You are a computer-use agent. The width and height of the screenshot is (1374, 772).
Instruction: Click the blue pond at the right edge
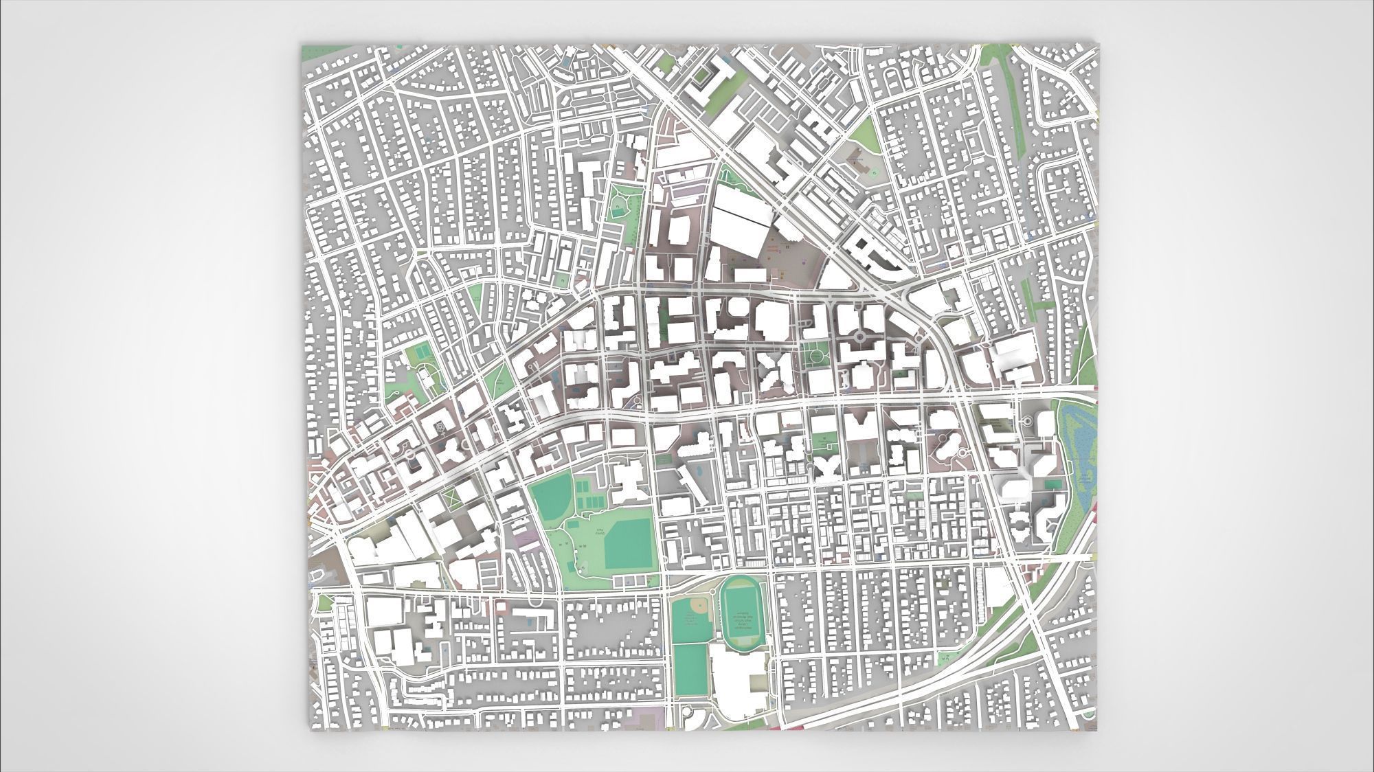coord(1081,440)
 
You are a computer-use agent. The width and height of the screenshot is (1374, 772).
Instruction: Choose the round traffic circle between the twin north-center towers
coord(859,337)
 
